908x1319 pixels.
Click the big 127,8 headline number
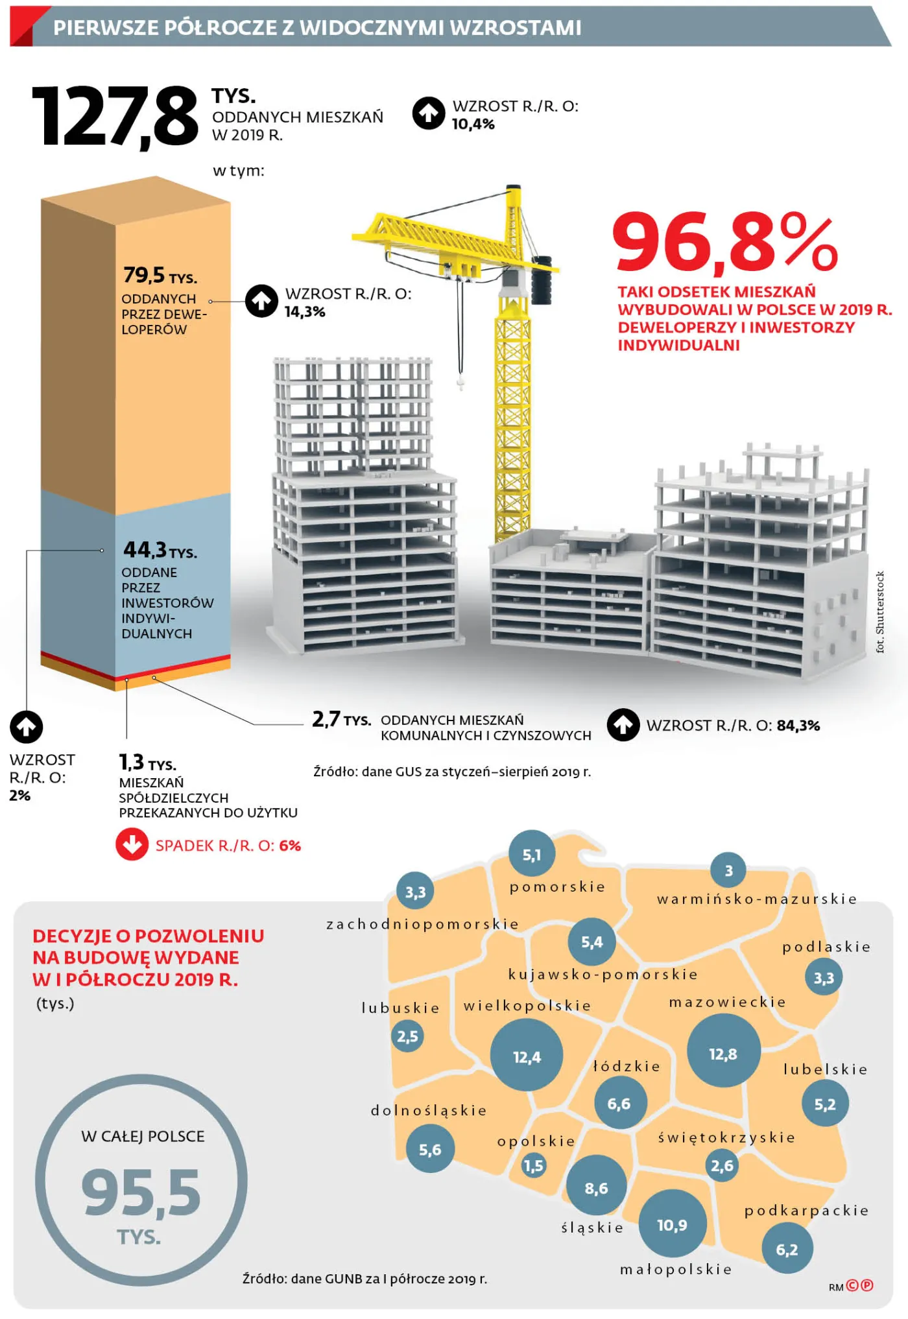115,117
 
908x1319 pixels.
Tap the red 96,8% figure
724,243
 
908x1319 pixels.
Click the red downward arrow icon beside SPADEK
132,844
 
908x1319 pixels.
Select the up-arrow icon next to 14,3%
261,301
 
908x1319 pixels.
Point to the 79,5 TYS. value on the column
160,276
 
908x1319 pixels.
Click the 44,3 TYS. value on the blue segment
160,551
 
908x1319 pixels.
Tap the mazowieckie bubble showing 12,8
723,1054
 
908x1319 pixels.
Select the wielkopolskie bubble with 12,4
526,1057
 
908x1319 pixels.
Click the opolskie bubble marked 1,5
534,1165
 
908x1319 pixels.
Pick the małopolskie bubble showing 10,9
672,1224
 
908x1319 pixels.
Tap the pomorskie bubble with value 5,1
531,855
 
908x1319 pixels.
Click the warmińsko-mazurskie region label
756,899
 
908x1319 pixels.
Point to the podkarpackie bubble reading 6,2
787,1249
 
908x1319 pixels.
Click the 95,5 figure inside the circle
141,1192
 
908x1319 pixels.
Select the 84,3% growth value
798,726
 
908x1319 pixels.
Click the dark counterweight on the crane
542,279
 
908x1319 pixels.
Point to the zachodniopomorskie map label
422,923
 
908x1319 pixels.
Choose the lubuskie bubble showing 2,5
407,1036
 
